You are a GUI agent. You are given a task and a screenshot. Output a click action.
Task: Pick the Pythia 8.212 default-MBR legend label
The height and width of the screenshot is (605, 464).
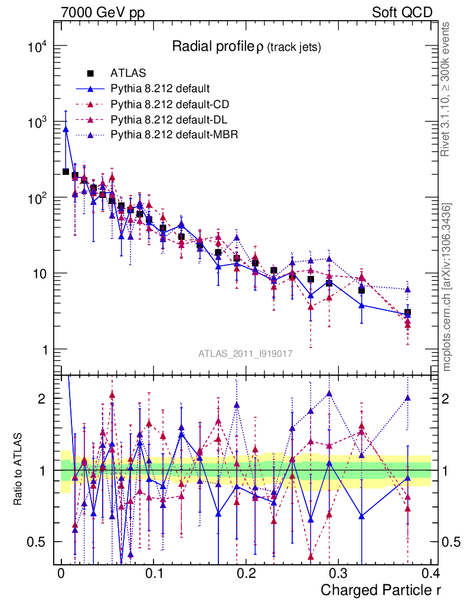coord(174,135)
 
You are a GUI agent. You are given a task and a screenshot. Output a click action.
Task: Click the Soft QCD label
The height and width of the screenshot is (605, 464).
coord(402,12)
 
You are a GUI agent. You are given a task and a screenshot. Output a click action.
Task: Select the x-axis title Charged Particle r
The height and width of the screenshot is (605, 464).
coord(381,590)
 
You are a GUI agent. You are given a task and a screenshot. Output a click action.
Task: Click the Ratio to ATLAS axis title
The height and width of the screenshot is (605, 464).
coord(18,470)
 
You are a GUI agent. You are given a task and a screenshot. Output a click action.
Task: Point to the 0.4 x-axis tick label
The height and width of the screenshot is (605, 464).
coord(430,574)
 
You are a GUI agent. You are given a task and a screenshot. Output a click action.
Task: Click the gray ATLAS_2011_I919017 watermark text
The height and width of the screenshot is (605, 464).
coord(245,354)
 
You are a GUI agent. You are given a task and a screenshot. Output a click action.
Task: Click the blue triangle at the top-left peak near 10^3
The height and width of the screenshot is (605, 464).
coord(66,128)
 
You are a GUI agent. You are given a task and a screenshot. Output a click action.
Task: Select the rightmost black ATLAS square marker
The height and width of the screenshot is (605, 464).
coord(407,313)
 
